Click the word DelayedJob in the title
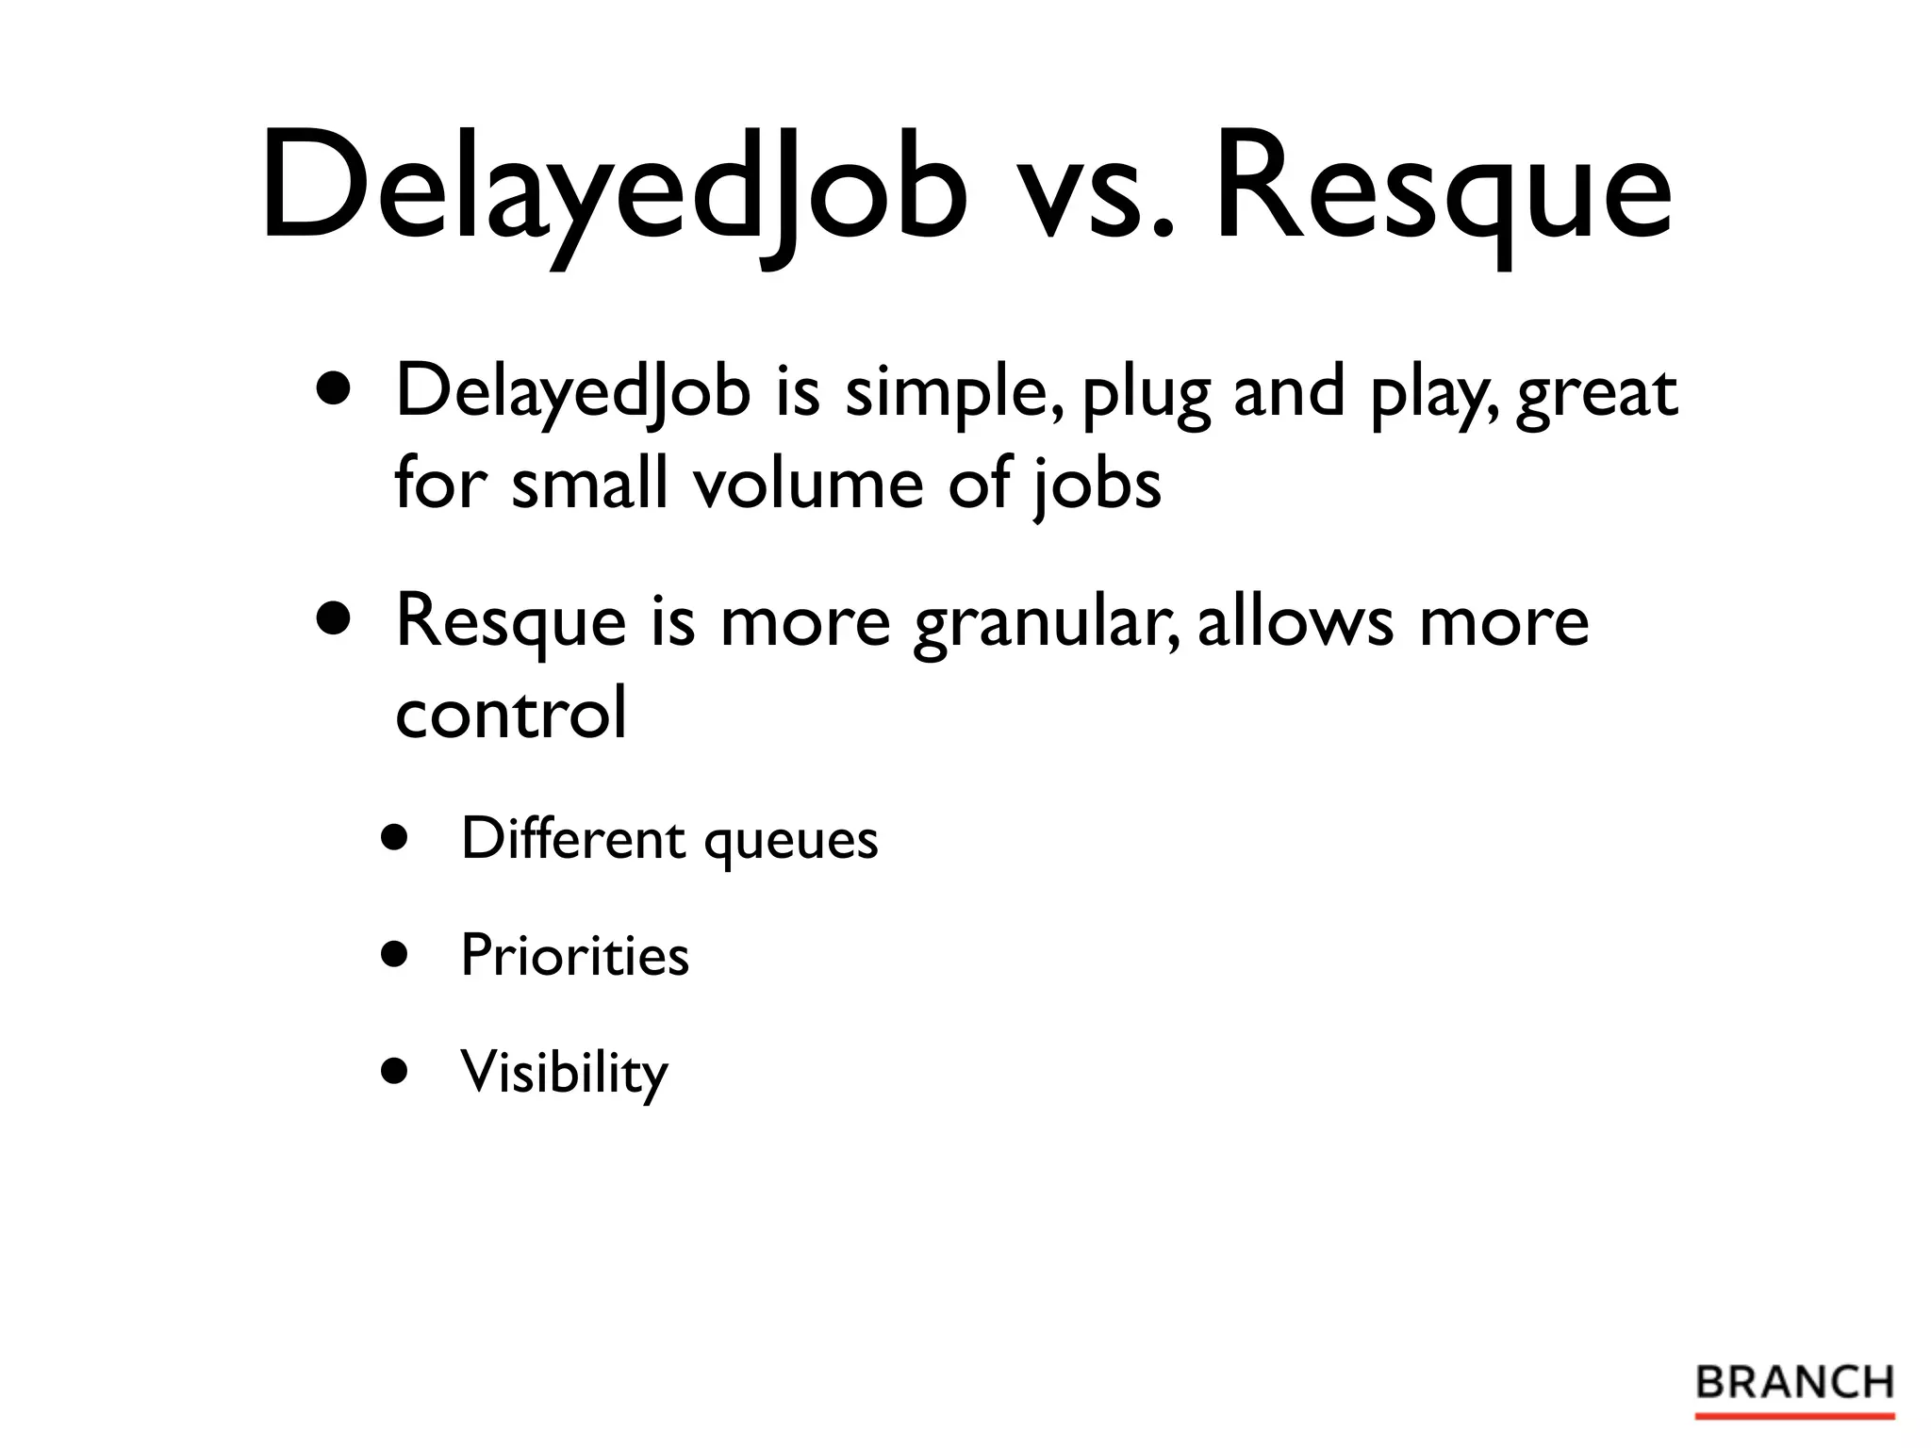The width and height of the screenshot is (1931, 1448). [613, 189]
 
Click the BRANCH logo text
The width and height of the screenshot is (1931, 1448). [1794, 1383]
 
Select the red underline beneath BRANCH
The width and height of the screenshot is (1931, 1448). [1794, 1416]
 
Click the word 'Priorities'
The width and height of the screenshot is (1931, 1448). [574, 955]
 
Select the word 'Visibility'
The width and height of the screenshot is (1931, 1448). [564, 1073]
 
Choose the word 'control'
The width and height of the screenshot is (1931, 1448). [510, 713]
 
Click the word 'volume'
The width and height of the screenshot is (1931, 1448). [807, 484]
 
